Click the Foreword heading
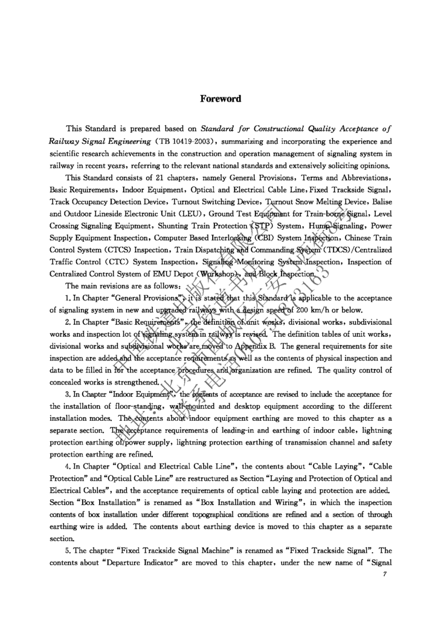tap(220, 99)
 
